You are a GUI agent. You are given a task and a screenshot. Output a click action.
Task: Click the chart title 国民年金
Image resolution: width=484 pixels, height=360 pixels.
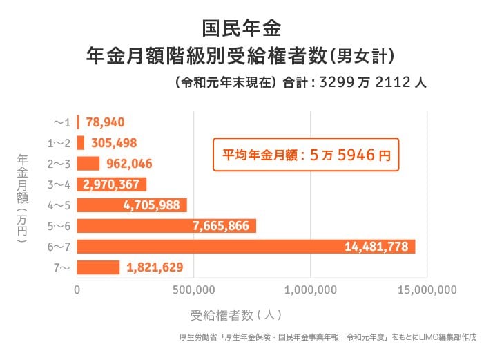click(242, 28)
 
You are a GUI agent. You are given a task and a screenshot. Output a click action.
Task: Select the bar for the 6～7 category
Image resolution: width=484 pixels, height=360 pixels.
click(246, 247)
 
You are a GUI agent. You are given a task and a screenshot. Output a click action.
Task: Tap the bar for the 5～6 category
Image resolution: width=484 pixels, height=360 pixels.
click(166, 226)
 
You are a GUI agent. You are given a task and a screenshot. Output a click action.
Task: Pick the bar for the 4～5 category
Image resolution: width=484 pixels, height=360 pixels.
click(132, 205)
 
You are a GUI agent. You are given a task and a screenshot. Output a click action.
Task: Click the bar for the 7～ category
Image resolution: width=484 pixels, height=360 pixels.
click(98, 267)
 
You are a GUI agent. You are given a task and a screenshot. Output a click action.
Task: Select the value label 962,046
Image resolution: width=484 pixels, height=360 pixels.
click(128, 164)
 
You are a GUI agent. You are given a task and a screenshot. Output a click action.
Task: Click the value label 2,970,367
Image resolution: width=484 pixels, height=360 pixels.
click(111, 184)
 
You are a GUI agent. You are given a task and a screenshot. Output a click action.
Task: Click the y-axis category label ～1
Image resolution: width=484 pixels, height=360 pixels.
click(62, 122)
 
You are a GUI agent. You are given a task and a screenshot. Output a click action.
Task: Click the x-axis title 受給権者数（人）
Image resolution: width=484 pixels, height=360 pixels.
click(235, 315)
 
